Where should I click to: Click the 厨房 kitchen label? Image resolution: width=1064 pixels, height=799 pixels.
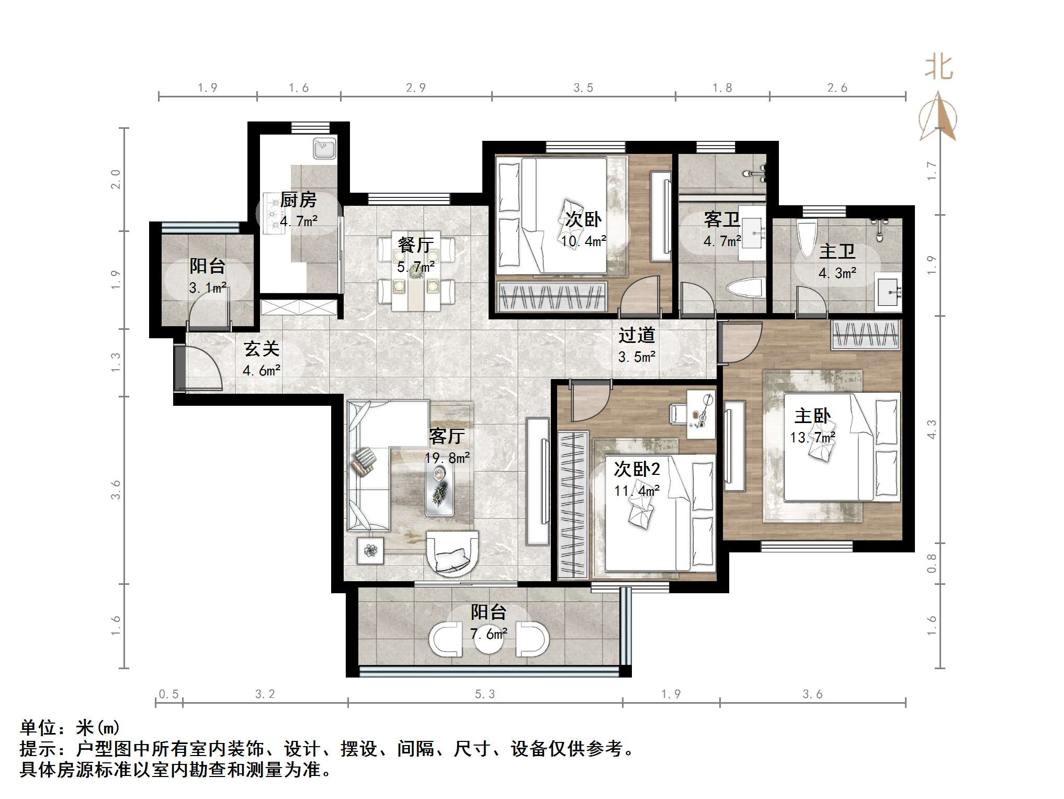tap(298, 199)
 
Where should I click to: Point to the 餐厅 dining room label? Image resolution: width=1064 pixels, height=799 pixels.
tap(415, 245)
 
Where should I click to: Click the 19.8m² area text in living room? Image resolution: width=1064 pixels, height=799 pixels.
tap(447, 458)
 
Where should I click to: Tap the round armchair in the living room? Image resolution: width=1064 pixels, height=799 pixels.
tap(452, 553)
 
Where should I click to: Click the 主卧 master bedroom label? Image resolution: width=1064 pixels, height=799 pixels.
tap(812, 416)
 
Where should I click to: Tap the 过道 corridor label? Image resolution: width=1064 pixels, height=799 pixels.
tap(637, 335)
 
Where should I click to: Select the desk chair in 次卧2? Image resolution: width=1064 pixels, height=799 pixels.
tap(679, 413)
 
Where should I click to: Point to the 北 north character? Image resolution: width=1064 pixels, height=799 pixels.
tap(939, 68)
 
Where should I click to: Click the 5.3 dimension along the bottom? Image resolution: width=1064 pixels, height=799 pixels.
tap(484, 694)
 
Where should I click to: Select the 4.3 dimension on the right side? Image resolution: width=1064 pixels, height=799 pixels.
tap(932, 429)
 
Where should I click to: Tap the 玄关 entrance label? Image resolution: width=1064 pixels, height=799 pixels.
tap(262, 349)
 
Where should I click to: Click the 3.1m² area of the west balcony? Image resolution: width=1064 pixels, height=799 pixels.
tap(208, 287)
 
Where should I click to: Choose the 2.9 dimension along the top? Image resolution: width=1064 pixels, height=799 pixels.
tap(415, 88)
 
